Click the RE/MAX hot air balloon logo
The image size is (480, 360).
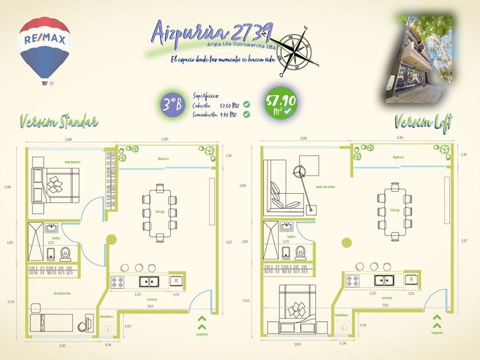(x=45, y=48)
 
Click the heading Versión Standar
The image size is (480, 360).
(x=58, y=121)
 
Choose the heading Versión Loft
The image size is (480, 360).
(x=423, y=121)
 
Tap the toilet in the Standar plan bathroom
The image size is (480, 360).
(x=65, y=253)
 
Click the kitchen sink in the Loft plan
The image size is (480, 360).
(x=382, y=281)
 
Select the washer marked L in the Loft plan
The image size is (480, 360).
(x=342, y=327)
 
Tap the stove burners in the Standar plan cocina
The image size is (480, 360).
(x=118, y=282)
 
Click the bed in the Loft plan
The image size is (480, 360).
(x=296, y=308)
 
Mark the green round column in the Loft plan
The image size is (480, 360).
(x=346, y=242)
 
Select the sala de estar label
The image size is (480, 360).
(x=326, y=187)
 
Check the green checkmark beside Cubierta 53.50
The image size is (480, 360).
(x=246, y=105)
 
